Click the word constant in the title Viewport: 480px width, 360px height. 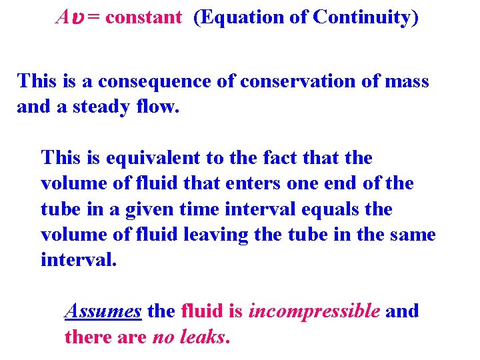pos(143,17)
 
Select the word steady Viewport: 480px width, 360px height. pos(103,107)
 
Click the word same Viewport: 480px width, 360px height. pos(410,235)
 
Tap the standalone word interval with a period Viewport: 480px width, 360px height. pos(79,260)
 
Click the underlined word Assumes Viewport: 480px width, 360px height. pos(103,311)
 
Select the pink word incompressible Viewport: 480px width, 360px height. pos(314,311)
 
